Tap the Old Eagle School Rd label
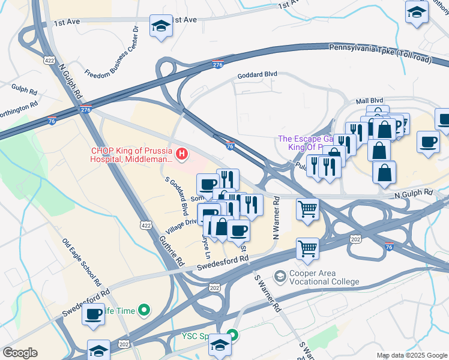coord(82,262)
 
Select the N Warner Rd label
coord(277,220)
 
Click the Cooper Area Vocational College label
coord(324,277)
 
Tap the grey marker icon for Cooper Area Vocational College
coord(279,276)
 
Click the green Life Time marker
coord(143,310)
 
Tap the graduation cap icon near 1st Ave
coord(160,26)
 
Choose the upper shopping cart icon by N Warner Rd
coord(307,209)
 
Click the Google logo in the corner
coord(20,353)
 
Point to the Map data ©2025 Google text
coord(411,355)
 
